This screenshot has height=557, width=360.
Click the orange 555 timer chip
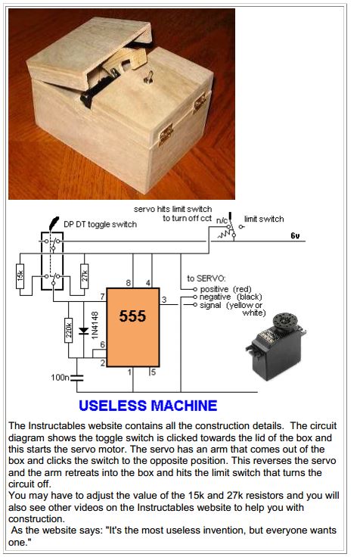[133, 327]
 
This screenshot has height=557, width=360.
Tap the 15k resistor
[20, 276]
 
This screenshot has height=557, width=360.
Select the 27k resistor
[85, 276]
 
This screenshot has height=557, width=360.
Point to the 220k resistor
[69, 331]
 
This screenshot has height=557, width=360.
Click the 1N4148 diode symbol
[83, 331]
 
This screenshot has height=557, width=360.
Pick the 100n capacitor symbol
[76, 378]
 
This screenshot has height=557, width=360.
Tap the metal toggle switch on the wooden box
[149, 77]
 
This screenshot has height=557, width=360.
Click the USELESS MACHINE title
[147, 406]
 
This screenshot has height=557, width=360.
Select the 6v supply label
[295, 236]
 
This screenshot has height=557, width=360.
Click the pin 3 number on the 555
[164, 300]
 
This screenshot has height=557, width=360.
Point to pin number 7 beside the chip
[103, 296]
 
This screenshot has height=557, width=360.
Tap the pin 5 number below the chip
[154, 372]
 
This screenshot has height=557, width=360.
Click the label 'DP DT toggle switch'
[100, 224]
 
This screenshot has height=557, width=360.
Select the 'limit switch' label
[264, 219]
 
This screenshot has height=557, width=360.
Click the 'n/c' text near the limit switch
[222, 220]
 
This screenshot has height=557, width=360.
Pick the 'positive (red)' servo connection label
[225, 289]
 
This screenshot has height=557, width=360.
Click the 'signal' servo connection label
[210, 305]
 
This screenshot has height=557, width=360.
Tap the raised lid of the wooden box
[88, 51]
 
